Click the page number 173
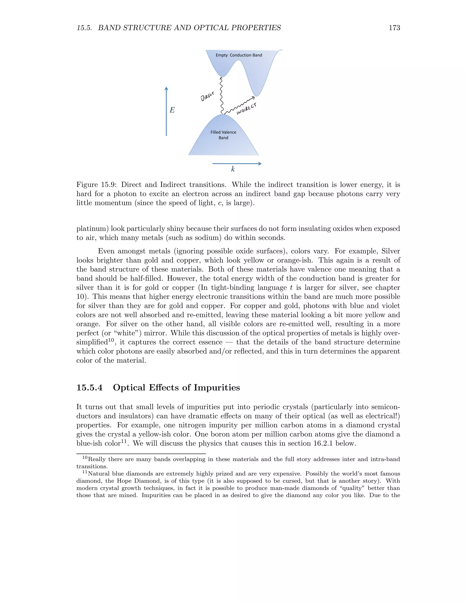(394, 28)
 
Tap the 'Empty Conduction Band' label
(239, 55)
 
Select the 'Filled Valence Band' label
(223, 135)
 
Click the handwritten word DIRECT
(207, 97)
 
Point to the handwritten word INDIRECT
(246, 109)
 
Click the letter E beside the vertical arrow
(172, 110)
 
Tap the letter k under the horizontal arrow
(233, 169)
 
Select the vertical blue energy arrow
(166, 111)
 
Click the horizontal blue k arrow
(237, 164)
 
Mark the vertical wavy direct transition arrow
(221, 95)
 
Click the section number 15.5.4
(89, 388)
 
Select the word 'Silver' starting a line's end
(390, 251)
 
